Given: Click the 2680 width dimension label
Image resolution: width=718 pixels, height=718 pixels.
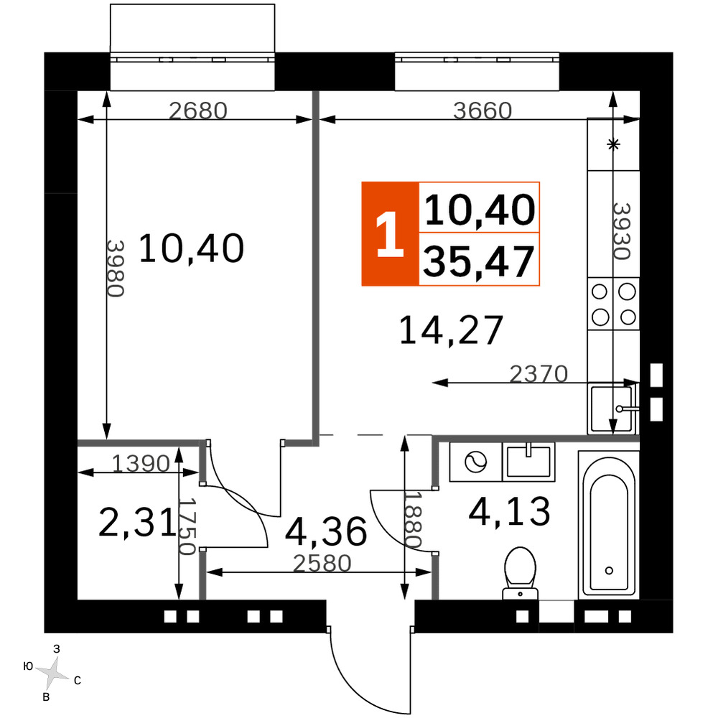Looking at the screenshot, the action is tap(198, 111).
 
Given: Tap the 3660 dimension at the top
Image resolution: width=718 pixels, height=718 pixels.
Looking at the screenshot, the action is tap(482, 111).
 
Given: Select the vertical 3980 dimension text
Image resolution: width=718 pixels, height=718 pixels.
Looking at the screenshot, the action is tap(116, 269).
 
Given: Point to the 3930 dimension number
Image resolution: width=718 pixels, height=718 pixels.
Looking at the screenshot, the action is tap(622, 231).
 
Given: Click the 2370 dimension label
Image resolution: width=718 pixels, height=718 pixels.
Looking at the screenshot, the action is tap(538, 373).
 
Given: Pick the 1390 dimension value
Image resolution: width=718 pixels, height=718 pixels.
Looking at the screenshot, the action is tap(141, 463).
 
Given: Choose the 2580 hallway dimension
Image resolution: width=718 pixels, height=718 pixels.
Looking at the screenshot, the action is tap(322, 563).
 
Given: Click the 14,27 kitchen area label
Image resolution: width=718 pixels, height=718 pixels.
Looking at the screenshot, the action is tap(451, 330).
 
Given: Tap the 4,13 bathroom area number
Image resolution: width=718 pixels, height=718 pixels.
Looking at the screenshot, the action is tap(509, 511).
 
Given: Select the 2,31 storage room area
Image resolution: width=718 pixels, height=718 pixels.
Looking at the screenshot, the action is tap(137, 523).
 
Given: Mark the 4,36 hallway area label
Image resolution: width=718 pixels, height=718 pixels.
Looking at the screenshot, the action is tap(326, 531).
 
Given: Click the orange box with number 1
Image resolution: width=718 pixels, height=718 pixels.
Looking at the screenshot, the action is tap(390, 234).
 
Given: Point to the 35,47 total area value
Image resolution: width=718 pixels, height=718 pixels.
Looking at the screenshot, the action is tap(478, 261).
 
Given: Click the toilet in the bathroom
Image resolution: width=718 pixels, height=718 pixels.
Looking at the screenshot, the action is tap(520, 573).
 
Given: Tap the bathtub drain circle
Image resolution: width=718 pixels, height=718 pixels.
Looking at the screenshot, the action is tap(609, 571).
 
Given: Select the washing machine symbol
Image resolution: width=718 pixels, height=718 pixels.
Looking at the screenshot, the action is tap(476, 462).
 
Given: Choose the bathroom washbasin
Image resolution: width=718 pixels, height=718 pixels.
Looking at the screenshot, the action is tap(528, 462).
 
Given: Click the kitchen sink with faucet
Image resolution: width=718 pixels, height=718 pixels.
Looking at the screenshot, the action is tap(612, 409).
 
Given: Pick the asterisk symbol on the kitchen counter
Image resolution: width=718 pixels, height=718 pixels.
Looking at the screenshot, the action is tap(613, 145).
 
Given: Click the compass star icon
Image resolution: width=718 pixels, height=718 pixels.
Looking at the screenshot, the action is tap(52, 673).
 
